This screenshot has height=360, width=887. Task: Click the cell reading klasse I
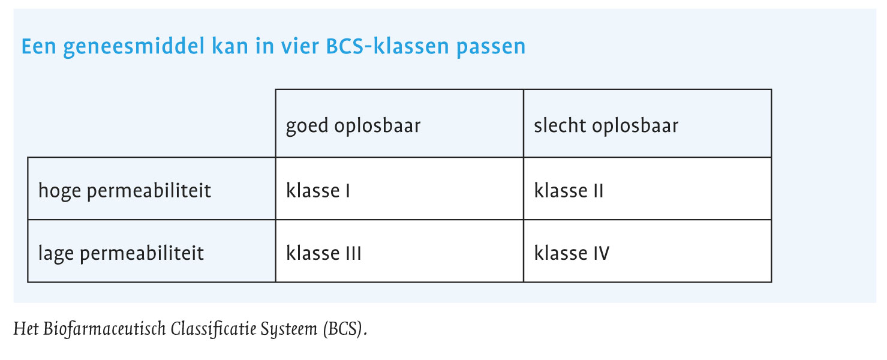pos(399,188)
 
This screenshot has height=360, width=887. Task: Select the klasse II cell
pos(648,188)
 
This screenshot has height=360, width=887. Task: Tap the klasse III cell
pos(399,251)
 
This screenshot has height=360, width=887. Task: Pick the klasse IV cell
pos(648,251)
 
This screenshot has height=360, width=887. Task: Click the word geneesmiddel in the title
pos(134,47)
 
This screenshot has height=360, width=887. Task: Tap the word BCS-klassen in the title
pos(388,46)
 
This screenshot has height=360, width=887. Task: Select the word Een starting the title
pos(39,46)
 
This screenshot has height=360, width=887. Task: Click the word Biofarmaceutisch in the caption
pos(104,329)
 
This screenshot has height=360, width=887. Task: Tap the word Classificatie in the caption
pos(214,329)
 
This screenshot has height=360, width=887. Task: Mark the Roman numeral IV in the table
pos(601,253)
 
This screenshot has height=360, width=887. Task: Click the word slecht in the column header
pos(560,125)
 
